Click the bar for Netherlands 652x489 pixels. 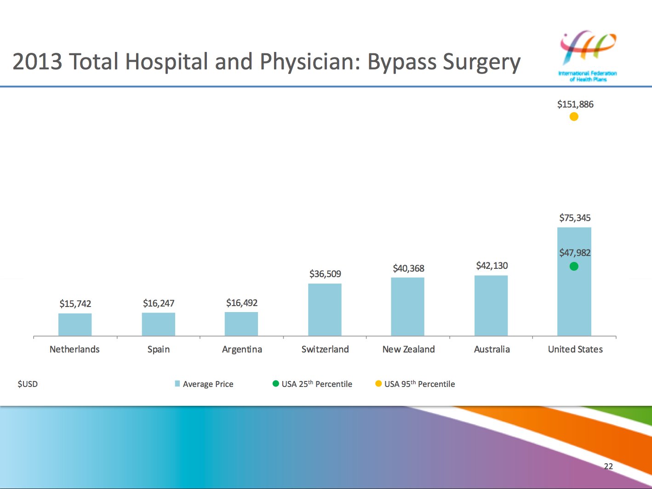(x=75, y=324)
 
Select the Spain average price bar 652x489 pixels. (x=158, y=324)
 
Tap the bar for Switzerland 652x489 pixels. (x=325, y=309)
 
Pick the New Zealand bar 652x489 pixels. (x=408, y=307)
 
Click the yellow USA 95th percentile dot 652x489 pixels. (x=574, y=117)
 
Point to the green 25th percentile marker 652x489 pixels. (x=574, y=266)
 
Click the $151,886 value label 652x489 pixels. (x=575, y=104)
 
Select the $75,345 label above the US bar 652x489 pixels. (x=575, y=218)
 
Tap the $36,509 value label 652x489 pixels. (x=325, y=274)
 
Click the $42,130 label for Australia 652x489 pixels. (x=492, y=266)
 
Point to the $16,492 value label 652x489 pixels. (x=242, y=303)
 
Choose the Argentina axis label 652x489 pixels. (x=242, y=349)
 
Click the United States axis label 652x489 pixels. (x=575, y=349)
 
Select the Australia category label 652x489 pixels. (x=492, y=349)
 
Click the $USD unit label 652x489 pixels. (x=28, y=384)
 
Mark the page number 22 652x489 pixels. (x=608, y=466)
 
